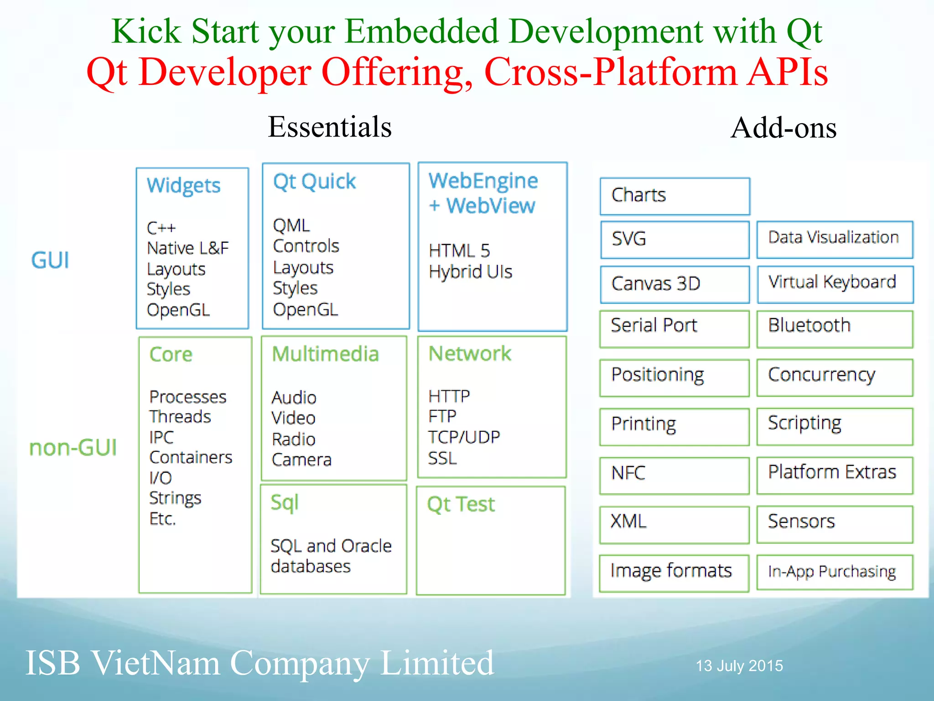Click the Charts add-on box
(675, 196)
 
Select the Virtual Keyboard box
(835, 284)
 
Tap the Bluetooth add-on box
(835, 329)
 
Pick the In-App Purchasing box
(835, 572)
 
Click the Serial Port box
(675, 329)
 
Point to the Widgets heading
(183, 186)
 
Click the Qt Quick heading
(314, 182)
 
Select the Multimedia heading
(325, 354)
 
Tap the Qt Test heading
(461, 505)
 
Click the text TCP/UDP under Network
(464, 437)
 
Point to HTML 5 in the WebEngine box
(459, 251)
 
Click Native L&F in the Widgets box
(187, 248)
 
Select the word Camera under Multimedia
(301, 460)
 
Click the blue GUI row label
(50, 261)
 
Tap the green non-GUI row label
(73, 448)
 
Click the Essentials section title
(329, 127)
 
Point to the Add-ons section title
(783, 128)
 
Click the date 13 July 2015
(739, 666)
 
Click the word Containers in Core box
(191, 457)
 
